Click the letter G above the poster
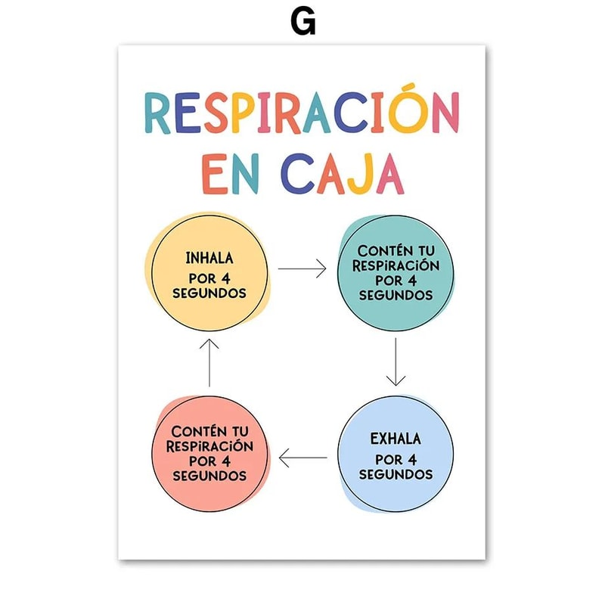click(302, 22)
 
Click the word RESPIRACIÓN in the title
click(302, 114)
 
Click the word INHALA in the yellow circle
click(209, 259)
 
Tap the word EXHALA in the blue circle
click(396, 439)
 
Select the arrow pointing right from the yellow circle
click(302, 268)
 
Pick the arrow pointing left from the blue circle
click(302, 457)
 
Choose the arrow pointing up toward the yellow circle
click(209, 363)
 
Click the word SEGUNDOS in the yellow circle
click(209, 293)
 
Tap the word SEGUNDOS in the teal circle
click(396, 295)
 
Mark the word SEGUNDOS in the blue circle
click(396, 474)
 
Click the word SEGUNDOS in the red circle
click(209, 476)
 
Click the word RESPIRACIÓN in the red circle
click(209, 446)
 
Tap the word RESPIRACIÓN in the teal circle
click(396, 265)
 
